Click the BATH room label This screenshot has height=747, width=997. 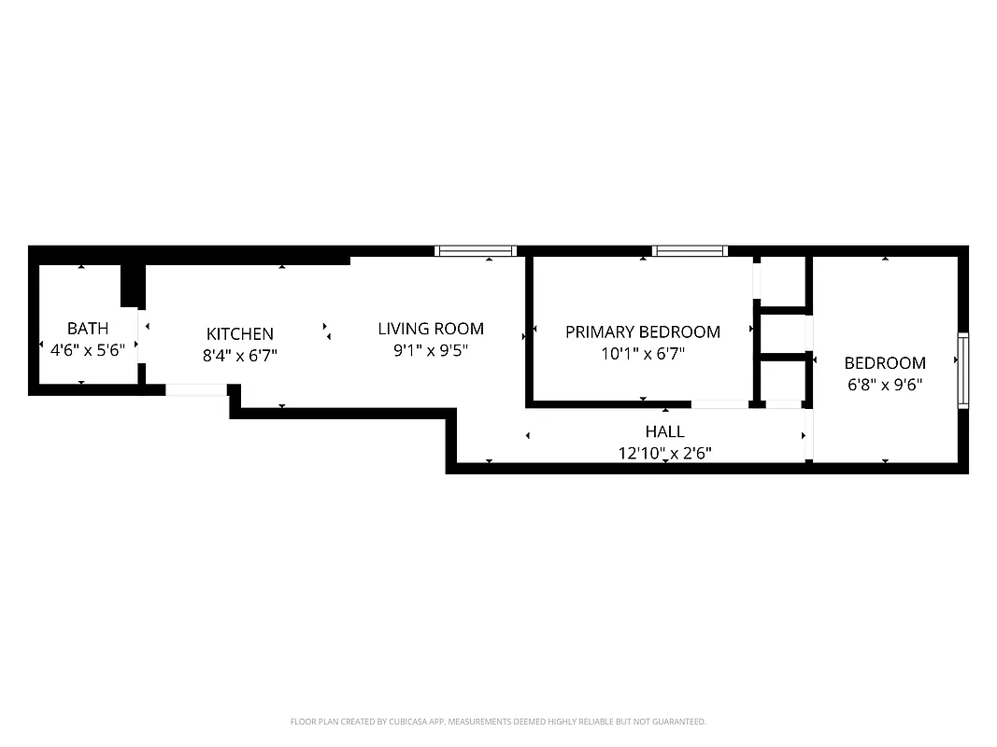(x=88, y=329)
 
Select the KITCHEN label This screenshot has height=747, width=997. (x=240, y=334)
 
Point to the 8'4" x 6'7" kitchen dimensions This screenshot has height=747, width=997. (x=240, y=356)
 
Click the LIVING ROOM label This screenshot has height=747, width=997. (x=431, y=329)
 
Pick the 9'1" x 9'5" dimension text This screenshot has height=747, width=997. (x=431, y=351)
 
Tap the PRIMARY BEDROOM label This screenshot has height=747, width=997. (x=643, y=332)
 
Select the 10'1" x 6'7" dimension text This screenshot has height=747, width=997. (x=643, y=354)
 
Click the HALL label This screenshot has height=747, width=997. (x=664, y=431)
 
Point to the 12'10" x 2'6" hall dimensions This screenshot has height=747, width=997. (x=664, y=455)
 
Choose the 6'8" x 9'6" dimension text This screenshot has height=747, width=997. (x=885, y=385)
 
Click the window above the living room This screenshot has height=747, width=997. (x=477, y=250)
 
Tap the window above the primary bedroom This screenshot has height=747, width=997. (x=690, y=250)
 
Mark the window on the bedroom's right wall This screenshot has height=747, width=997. (x=962, y=370)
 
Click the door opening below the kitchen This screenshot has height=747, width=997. (x=196, y=390)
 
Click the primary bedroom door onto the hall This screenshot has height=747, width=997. (x=719, y=404)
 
